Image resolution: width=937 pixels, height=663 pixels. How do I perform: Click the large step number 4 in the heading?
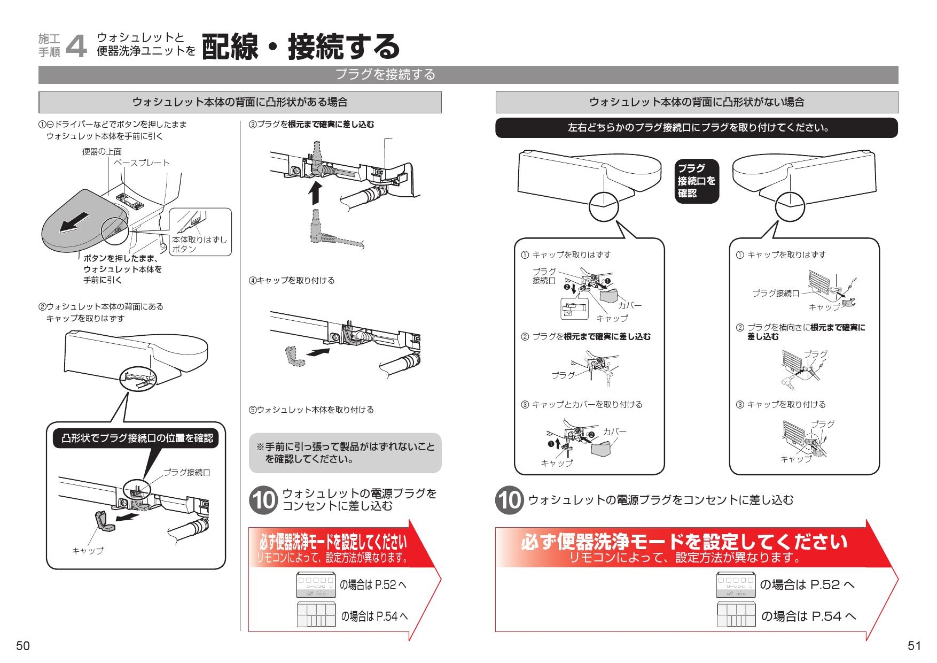point(76,47)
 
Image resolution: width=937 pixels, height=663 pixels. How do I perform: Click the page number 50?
point(22,646)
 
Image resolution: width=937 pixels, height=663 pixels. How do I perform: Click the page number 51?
point(914,646)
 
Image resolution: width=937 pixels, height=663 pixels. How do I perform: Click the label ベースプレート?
point(141,163)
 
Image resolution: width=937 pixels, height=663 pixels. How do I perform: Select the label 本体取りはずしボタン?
point(199,244)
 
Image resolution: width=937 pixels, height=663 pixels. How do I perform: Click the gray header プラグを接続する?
point(385,75)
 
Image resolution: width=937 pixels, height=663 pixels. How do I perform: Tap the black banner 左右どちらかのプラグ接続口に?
point(697,128)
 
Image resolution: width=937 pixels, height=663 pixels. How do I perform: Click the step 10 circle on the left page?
point(263,500)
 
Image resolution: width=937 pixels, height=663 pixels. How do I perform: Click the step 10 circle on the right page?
point(509,500)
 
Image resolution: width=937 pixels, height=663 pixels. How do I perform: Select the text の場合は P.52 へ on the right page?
point(807,585)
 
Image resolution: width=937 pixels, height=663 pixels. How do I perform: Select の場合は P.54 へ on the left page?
point(374,616)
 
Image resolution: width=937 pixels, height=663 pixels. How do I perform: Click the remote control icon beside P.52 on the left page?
point(316,584)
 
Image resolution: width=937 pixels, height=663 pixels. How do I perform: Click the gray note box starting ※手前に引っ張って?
point(345,453)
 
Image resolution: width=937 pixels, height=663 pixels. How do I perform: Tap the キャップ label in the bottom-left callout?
point(88,550)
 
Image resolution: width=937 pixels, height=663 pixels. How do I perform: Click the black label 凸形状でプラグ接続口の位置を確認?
point(137,438)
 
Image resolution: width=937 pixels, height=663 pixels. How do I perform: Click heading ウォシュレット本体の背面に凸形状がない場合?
point(697,102)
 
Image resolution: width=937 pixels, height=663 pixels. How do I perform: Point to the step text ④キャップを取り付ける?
point(292,280)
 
